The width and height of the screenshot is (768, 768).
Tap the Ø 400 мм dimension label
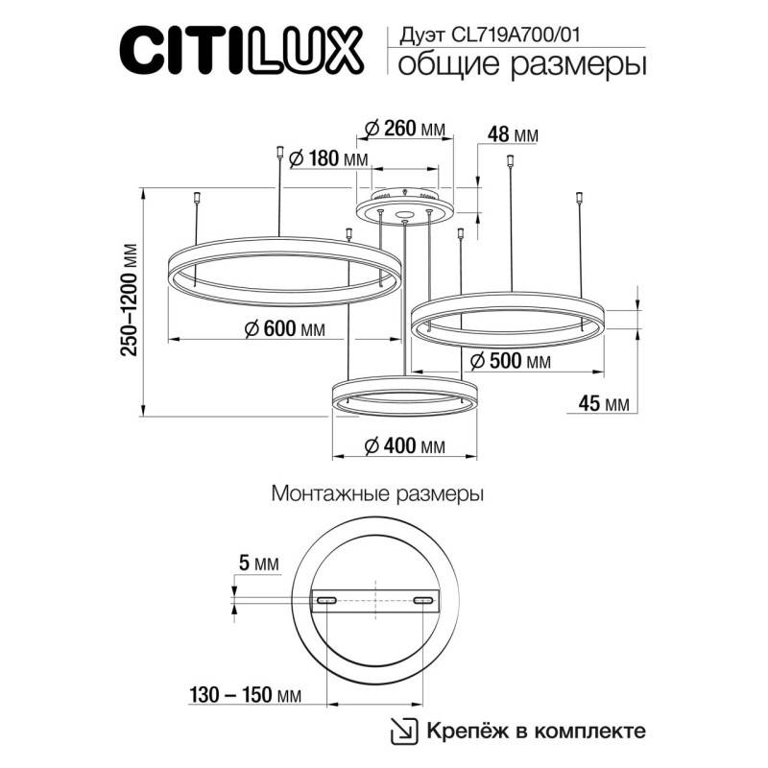[404, 446]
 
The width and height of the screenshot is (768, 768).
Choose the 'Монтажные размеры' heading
[377, 495]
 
